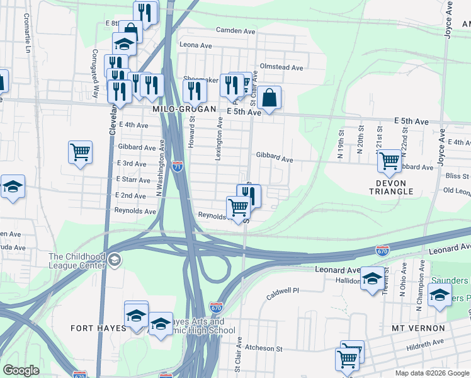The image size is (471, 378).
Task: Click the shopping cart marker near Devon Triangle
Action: coord(390,161)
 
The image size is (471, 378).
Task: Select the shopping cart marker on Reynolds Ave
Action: coord(238,207)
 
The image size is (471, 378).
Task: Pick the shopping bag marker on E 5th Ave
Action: coord(268,98)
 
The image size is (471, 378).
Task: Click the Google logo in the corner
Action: coord(21,370)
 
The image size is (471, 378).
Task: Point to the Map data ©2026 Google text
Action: coord(432,373)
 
